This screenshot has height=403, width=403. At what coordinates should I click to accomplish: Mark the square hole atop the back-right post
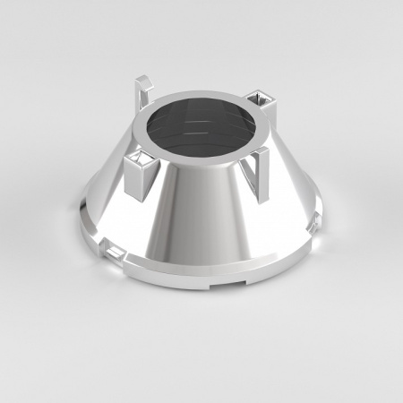point(260,96)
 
